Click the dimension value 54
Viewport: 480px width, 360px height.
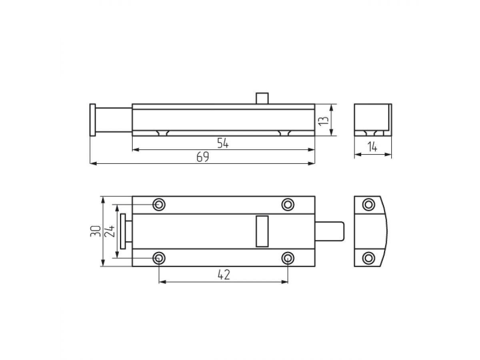223,143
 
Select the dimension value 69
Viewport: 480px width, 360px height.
203,157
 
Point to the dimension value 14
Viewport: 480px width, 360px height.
372,147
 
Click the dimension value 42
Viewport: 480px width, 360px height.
224,275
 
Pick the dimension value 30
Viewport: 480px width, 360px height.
96,231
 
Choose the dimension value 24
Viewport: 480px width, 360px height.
110,231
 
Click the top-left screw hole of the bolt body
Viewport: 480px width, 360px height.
159,205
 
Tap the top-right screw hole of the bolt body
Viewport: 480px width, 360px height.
288,205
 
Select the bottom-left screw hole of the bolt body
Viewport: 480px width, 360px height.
159,258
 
